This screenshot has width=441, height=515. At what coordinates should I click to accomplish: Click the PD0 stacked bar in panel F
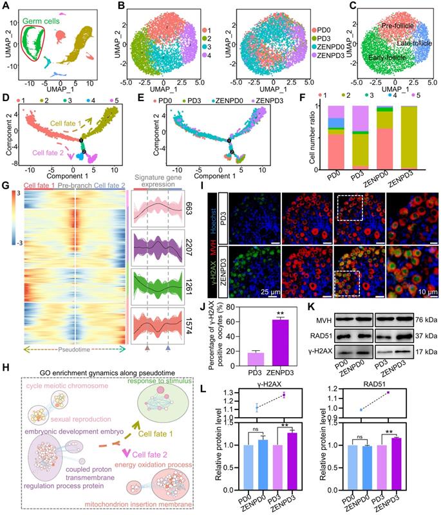pyautogui.click(x=352, y=142)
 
